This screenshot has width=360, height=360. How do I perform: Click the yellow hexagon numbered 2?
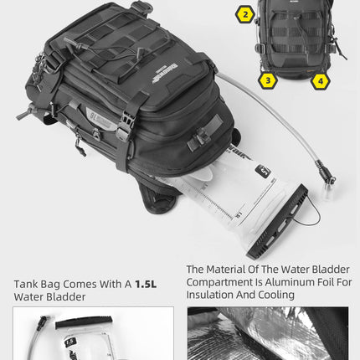(245, 14)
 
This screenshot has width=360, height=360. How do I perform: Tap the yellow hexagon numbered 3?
(267, 80)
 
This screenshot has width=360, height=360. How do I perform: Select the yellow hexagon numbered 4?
(321, 81)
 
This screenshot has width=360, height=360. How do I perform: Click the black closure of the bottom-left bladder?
(75, 322)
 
